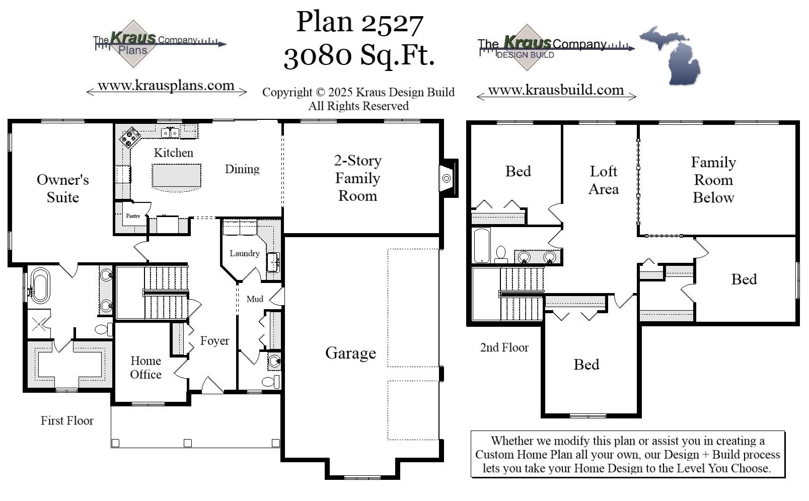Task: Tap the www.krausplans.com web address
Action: pyautogui.click(x=166, y=86)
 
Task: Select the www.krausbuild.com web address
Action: pyautogui.click(x=556, y=90)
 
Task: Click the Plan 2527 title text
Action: pyautogui.click(x=359, y=22)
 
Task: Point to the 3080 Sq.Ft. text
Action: pyautogui.click(x=359, y=55)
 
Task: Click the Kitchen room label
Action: pyautogui.click(x=173, y=153)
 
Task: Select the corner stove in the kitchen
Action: pyautogui.click(x=130, y=137)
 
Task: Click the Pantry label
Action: pyautogui.click(x=133, y=216)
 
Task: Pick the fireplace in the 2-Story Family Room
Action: pyautogui.click(x=447, y=178)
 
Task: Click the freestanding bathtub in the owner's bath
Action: pyautogui.click(x=40, y=285)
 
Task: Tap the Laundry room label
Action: pyautogui.click(x=245, y=253)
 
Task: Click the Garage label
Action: pyautogui.click(x=350, y=353)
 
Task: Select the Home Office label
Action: pyautogui.click(x=145, y=368)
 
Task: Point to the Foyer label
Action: pyautogui.click(x=214, y=341)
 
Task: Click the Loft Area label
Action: pyautogui.click(x=603, y=180)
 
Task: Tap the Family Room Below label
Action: pyautogui.click(x=713, y=180)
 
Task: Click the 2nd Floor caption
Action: pyautogui.click(x=504, y=347)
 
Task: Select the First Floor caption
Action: pyautogui.click(x=67, y=420)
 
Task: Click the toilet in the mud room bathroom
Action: pyautogui.click(x=271, y=381)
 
